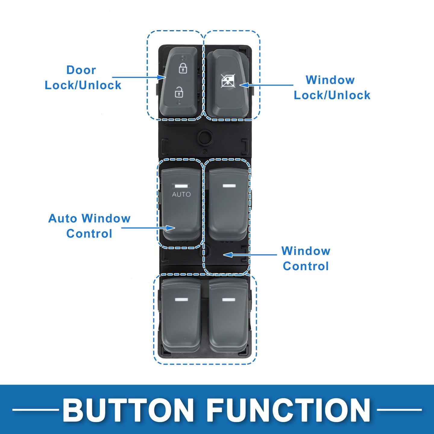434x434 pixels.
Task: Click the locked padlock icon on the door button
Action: [x=183, y=68]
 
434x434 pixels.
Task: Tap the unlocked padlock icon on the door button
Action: [x=179, y=92]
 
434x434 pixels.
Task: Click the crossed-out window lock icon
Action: [x=228, y=81]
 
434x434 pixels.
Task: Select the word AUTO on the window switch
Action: [x=181, y=194]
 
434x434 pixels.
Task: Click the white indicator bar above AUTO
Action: [x=181, y=186]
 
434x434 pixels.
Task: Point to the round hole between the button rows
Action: [x=205, y=136]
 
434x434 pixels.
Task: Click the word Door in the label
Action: [x=81, y=70]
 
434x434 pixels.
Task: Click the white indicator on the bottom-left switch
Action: [x=181, y=300]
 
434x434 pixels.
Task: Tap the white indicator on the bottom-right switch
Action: [x=228, y=300]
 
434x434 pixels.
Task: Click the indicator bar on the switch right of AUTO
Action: [x=229, y=186]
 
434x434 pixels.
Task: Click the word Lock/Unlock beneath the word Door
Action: [x=83, y=85]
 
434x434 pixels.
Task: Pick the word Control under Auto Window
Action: [x=89, y=234]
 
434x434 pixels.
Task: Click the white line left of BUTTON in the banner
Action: [x=36, y=410]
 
